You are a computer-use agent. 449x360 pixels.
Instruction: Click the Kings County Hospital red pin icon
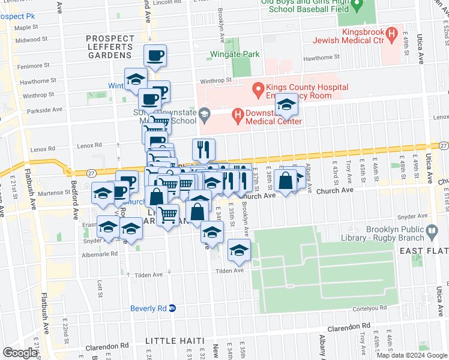point(259,91)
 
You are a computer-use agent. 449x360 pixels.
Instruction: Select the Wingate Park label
point(235,54)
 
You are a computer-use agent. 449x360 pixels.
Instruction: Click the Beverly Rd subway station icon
point(172,308)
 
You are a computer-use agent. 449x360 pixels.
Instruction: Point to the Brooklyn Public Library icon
point(432,231)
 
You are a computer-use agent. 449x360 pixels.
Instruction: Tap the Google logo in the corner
point(20,353)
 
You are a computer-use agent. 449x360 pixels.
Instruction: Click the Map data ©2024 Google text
point(412,355)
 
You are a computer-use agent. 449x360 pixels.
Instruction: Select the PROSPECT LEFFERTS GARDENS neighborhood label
point(110,47)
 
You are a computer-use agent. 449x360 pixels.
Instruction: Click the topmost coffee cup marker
point(155,56)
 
